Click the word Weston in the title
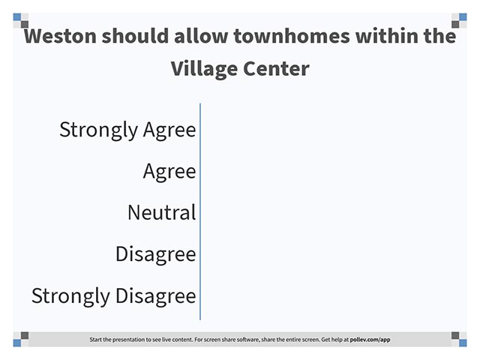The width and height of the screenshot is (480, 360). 60,36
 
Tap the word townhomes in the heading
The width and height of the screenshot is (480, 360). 292,36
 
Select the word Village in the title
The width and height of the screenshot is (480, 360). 204,69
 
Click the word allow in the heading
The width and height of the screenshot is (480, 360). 201,36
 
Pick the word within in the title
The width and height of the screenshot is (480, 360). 387,36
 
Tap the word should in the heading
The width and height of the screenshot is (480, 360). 135,36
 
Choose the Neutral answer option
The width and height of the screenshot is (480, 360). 162,212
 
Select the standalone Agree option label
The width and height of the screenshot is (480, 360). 169,172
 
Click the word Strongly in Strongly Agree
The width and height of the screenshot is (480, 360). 98,130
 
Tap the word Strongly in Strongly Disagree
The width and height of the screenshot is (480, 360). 70,296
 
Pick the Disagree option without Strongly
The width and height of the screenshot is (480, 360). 155,254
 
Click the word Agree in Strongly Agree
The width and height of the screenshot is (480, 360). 169,130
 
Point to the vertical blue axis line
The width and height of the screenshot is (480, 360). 200,211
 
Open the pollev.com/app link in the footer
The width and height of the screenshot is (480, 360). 370,340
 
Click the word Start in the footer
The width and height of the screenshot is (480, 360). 95,340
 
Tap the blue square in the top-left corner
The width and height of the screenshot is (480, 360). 17,16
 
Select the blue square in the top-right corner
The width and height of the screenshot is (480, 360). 463,16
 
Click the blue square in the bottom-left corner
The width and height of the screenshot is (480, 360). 17,343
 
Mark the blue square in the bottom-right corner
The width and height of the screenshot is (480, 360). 463,343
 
